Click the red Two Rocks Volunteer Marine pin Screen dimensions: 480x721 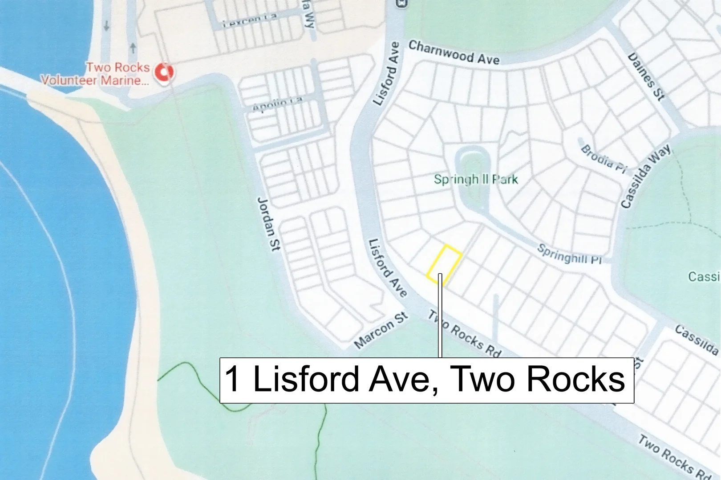pyautogui.click(x=164, y=72)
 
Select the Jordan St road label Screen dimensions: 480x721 pyautogui.click(x=269, y=224)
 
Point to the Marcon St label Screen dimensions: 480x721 pyautogui.click(x=381, y=330)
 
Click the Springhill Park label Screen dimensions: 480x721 pyautogui.click(x=476, y=180)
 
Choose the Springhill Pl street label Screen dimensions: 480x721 pyautogui.click(x=569, y=254)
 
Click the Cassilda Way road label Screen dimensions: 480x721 pyautogui.click(x=645, y=176)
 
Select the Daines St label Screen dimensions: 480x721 pyautogui.click(x=646, y=76)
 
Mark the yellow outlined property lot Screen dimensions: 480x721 pyautogui.click(x=444, y=264)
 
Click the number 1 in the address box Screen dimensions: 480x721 pyautogui.click(x=233, y=379)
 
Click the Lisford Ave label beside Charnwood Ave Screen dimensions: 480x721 pyautogui.click(x=386, y=74)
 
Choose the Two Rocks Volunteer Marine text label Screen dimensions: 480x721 pyautogui.click(x=95, y=74)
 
